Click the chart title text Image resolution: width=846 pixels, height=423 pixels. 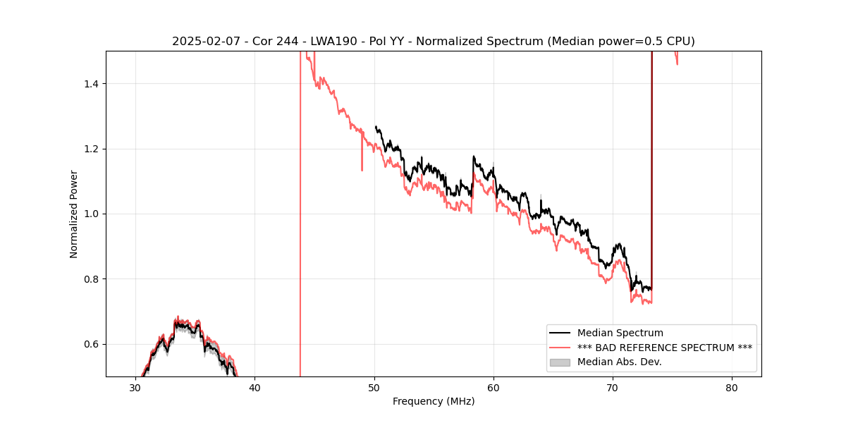click(433, 42)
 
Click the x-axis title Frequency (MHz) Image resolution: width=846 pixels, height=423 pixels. click(433, 401)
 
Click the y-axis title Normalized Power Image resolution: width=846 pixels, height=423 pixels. click(73, 214)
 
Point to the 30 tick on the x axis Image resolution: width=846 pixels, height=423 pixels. click(135, 387)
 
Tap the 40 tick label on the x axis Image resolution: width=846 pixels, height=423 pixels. click(255, 387)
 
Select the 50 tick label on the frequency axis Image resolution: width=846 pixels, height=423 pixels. click(374, 387)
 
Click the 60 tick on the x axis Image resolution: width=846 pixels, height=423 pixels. click(493, 387)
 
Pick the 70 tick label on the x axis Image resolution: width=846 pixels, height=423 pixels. click(613, 387)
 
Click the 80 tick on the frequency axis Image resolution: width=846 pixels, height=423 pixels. click(732, 387)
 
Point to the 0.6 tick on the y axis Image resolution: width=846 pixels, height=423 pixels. click(92, 344)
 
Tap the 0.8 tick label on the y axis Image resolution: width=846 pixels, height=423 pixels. click(92, 279)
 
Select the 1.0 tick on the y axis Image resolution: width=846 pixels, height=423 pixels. click(92, 214)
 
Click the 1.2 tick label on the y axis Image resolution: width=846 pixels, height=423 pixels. click(92, 149)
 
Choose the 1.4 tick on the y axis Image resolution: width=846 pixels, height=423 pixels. click(92, 84)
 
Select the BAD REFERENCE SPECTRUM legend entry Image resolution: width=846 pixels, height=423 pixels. click(664, 348)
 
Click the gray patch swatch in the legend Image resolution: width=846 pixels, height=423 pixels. click(560, 362)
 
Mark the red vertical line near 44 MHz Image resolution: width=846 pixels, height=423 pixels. click(300, 211)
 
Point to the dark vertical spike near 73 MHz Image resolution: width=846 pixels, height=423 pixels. click(651, 176)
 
